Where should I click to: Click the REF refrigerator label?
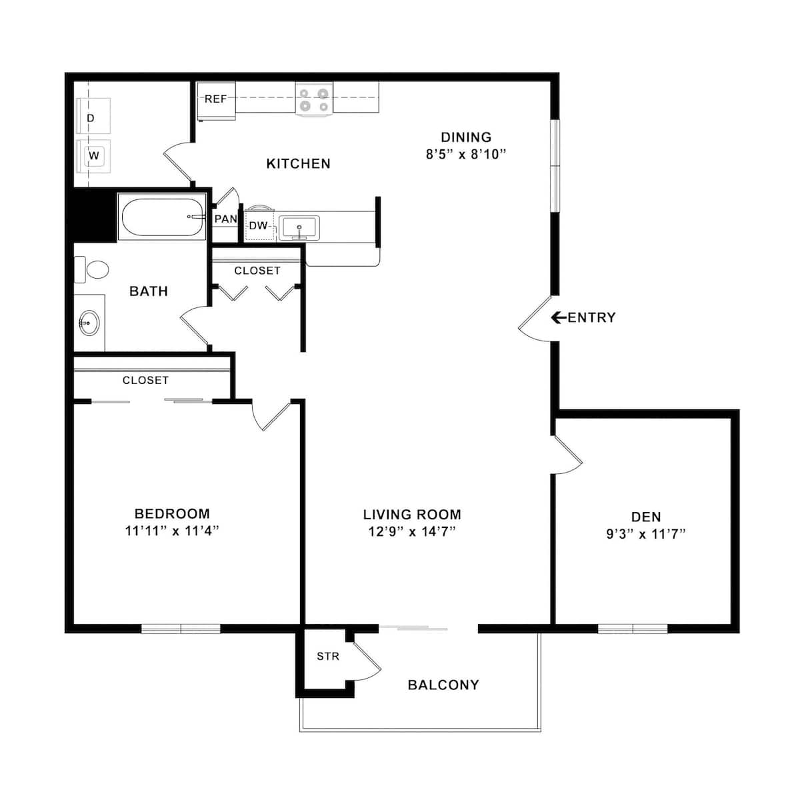point(215,99)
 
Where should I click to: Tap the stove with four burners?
point(313,99)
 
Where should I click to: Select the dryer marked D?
point(93,118)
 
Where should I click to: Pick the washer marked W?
point(93,156)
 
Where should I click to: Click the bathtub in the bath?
point(162,217)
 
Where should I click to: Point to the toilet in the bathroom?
point(94,270)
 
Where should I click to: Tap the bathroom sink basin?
point(89,324)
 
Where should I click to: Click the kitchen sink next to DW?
point(299,227)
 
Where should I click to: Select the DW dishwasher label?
point(258,226)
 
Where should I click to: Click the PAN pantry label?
point(226,219)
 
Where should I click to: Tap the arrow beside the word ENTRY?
point(559,317)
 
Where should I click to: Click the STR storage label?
point(328,657)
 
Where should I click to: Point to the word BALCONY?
point(443,685)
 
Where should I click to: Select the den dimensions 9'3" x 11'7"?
point(646,534)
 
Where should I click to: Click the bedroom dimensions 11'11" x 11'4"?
point(172,531)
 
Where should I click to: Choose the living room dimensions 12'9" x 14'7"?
point(412,531)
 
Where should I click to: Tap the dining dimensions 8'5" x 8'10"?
point(466,154)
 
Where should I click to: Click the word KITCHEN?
point(298,163)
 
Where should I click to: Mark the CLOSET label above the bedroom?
point(145,380)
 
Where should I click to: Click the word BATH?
point(148,291)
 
